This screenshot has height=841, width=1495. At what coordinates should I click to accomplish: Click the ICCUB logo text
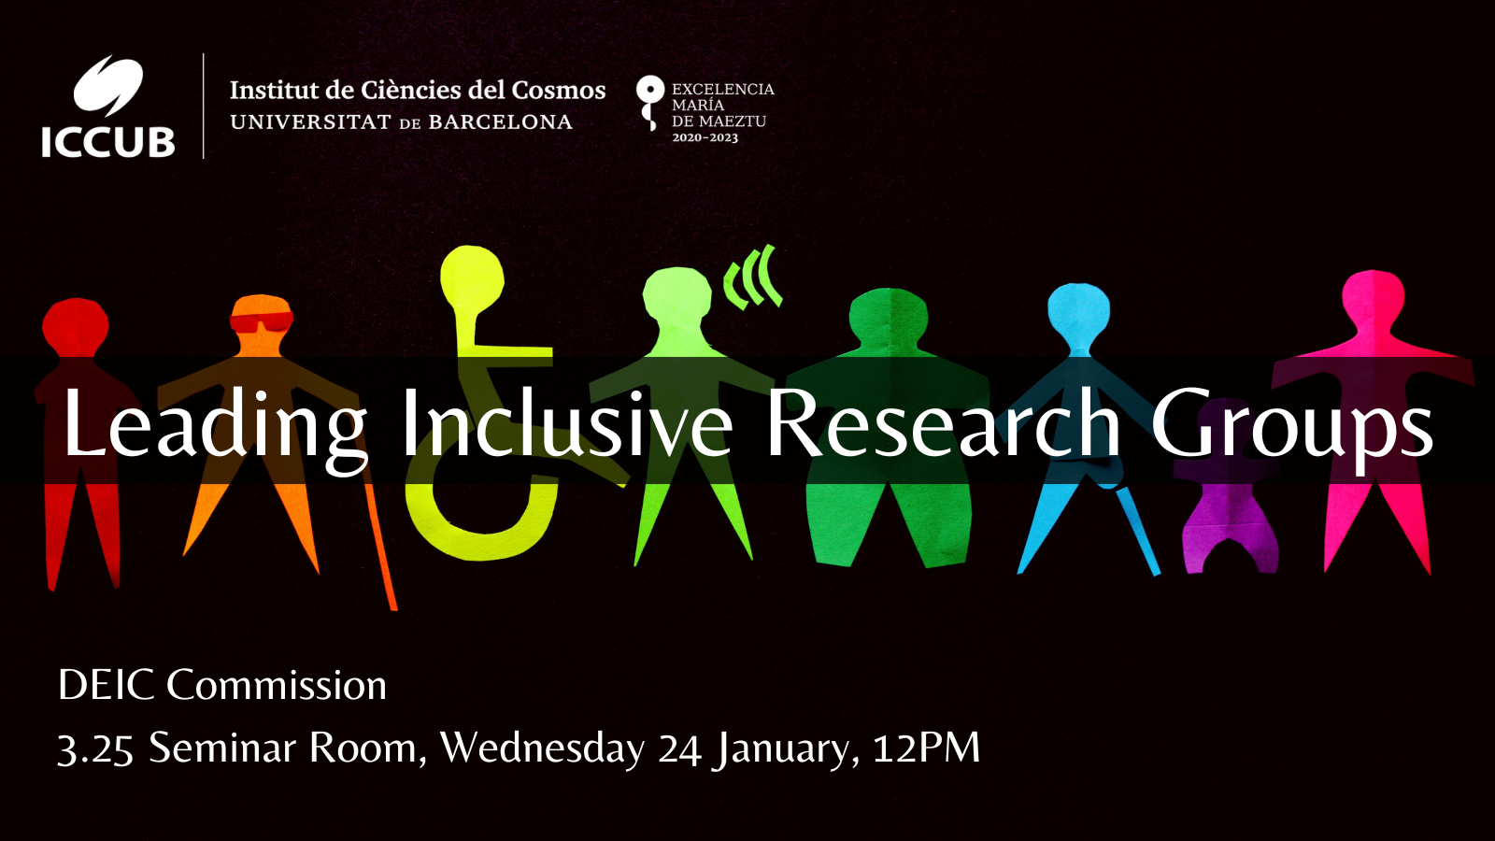point(108,142)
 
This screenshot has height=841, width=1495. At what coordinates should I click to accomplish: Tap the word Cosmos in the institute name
point(559,91)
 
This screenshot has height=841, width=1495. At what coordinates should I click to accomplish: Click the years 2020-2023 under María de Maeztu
point(705,138)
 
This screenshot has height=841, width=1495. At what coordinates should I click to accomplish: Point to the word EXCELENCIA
point(722,90)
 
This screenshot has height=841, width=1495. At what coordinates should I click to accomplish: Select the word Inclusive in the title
point(566,425)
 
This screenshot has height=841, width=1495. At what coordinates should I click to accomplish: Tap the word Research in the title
point(943,425)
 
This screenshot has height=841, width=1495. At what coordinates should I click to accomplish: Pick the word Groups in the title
point(1291,425)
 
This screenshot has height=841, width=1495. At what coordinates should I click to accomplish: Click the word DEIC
point(106,685)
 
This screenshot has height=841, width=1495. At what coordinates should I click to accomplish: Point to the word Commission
point(277,685)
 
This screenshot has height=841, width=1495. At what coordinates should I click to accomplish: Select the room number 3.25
point(95,748)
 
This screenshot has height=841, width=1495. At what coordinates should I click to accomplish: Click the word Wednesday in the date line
point(542,748)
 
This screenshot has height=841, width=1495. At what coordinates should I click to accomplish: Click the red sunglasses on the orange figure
point(261,323)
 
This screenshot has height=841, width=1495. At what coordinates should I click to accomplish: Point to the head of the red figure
point(76,327)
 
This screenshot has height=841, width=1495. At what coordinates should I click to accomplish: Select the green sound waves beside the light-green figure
point(754,278)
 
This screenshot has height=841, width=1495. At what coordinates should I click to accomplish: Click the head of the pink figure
point(1373,299)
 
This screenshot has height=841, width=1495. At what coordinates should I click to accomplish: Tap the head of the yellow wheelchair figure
point(472,278)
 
